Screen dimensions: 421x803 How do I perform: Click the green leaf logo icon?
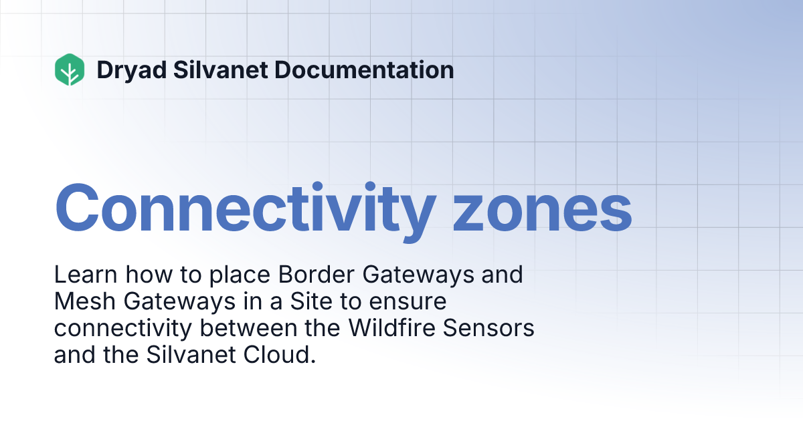70,69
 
